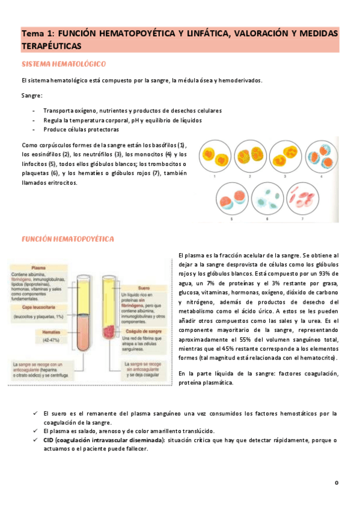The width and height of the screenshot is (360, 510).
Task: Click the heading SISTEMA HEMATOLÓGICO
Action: pyautogui.click(x=64, y=63)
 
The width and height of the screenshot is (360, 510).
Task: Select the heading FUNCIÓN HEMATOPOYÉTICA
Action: pyautogui.click(x=67, y=239)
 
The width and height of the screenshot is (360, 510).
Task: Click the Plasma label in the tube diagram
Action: pyautogui.click(x=38, y=268)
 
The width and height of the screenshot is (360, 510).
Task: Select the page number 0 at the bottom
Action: pyautogui.click(x=337, y=483)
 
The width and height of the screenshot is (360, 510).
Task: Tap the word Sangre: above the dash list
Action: pyautogui.click(x=31, y=96)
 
